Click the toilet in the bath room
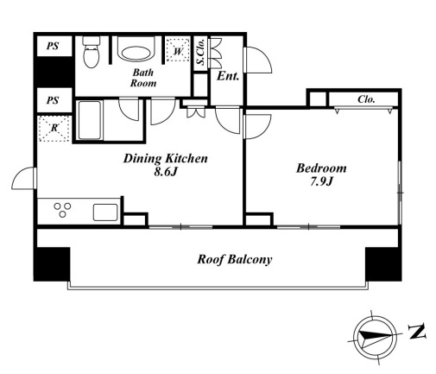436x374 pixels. tap(92, 52)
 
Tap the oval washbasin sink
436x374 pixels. tap(136, 54)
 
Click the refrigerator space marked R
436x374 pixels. tap(54, 129)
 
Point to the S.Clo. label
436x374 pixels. tap(200, 52)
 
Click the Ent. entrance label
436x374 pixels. tap(228, 76)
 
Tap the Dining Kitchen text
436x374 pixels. tap(166, 158)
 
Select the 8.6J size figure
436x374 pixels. tap(165, 172)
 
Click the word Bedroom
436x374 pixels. tap(321, 168)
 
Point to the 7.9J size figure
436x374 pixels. tap(321, 181)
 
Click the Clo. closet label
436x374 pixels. tap(366, 99)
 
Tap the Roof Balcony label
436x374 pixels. tap(235, 260)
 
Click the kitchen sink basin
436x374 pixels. tap(105, 212)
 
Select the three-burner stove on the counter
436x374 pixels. tap(62, 210)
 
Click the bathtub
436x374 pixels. tap(90, 120)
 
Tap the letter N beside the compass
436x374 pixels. tap(417, 332)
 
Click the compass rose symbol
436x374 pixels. tap(375, 337)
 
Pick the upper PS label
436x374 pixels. tap(53, 46)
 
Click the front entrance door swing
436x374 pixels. tap(257, 60)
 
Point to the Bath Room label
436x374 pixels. tap(143, 78)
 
